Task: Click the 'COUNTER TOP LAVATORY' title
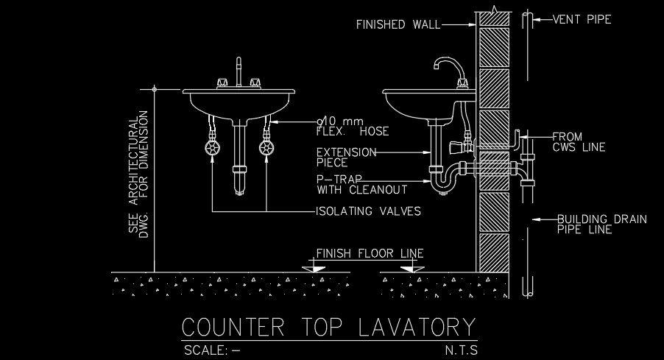point(328,325)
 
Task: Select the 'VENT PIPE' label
point(582,20)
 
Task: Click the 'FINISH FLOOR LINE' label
point(370,253)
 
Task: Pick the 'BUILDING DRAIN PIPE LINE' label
point(592,224)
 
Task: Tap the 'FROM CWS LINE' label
point(579,142)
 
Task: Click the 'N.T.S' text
point(461,350)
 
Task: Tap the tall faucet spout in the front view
point(239,72)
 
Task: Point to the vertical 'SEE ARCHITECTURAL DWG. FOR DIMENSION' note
point(138,174)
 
